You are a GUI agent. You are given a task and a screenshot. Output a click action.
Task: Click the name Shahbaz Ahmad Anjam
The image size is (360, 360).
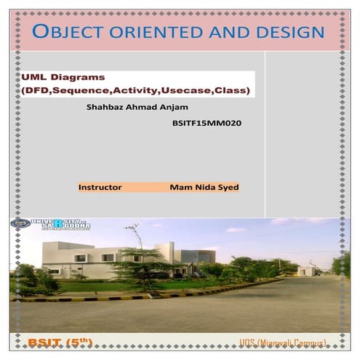[137, 106]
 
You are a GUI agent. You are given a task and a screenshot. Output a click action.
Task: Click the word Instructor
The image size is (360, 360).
[100, 187]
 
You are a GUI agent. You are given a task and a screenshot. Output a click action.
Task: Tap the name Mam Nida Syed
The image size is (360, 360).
[204, 187]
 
